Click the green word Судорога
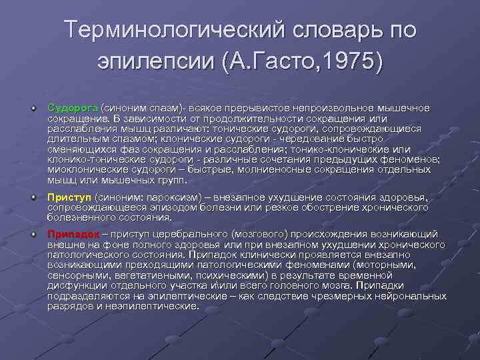tap(72, 108)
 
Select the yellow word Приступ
tap(69, 198)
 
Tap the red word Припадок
tap(73, 234)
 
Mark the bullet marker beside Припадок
tap(33, 234)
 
